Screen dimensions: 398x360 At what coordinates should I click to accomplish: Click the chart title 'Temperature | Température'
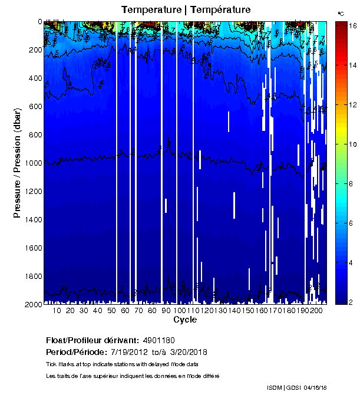click(x=186, y=10)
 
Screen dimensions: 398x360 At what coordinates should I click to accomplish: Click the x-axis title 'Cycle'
click(x=185, y=320)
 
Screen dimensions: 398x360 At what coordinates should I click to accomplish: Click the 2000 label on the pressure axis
click(x=31, y=304)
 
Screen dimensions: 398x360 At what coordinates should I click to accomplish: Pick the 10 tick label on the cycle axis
click(x=57, y=311)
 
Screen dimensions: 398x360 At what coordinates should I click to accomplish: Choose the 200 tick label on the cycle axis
click(x=316, y=311)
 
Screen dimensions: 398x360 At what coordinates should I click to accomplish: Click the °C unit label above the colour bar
click(x=341, y=13)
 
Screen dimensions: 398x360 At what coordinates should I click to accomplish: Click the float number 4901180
click(x=158, y=341)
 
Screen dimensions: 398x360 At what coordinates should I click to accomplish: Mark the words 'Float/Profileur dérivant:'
click(x=90, y=341)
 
